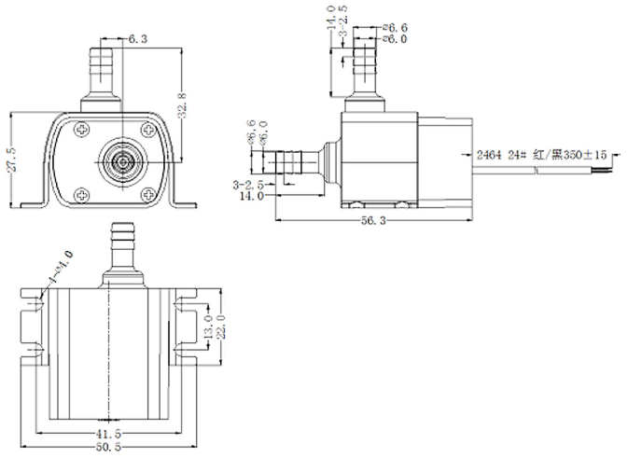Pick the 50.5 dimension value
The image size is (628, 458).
click(x=110, y=449)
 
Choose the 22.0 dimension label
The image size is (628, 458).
click(x=221, y=327)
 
